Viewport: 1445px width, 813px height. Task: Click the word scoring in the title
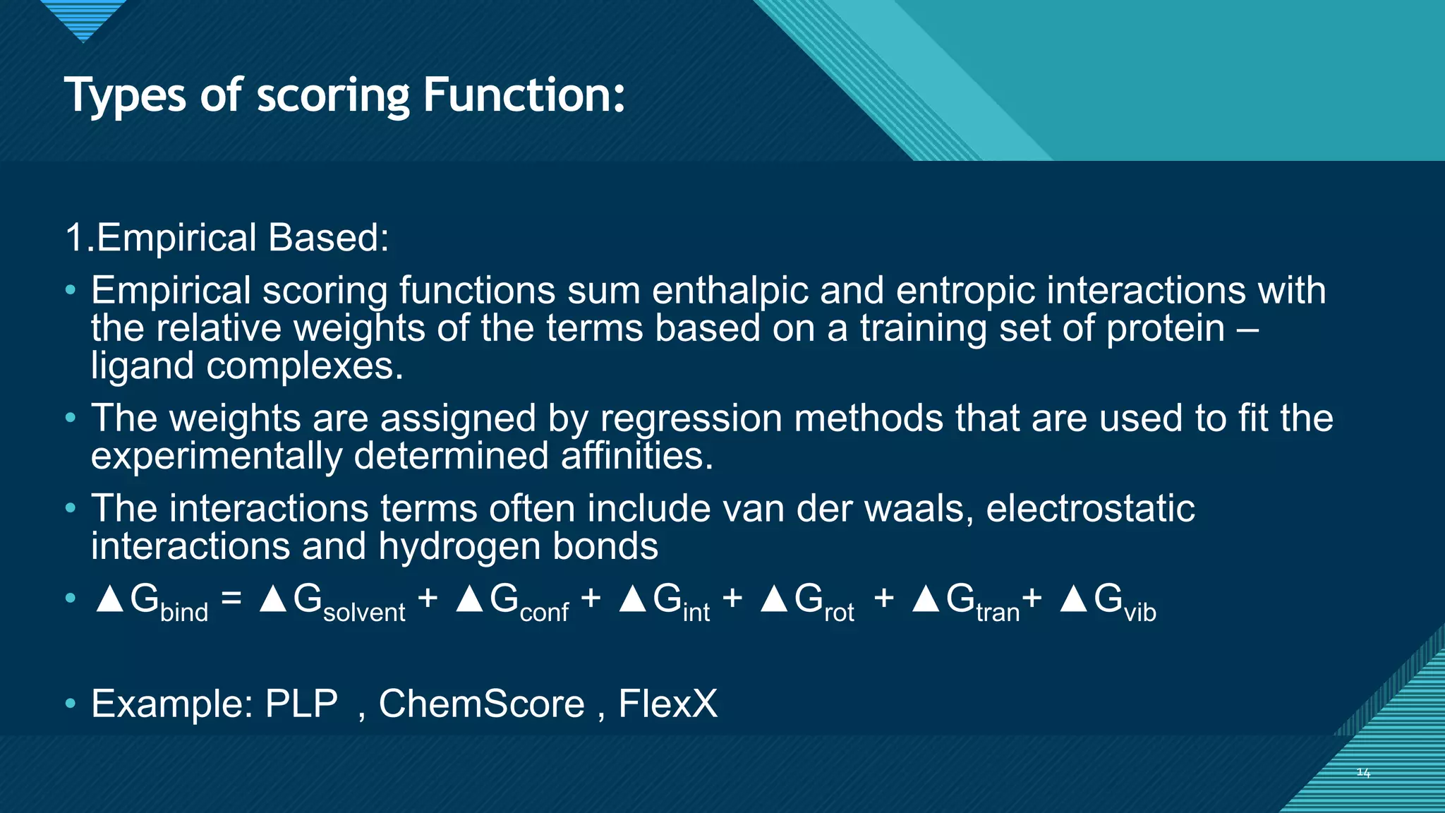point(332,97)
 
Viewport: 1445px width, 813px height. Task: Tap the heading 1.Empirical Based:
point(226,237)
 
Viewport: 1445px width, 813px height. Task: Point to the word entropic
point(965,291)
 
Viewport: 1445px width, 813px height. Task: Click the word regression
point(691,419)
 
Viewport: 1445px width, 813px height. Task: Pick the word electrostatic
point(1090,509)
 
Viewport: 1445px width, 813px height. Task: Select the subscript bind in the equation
point(184,612)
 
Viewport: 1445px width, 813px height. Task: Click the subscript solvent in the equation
point(364,612)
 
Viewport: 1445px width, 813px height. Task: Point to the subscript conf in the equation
point(544,612)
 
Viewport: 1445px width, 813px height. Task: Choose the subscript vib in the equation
point(1140,612)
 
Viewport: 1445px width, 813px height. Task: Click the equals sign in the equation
point(231,598)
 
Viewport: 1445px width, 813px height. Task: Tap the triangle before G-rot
point(774,599)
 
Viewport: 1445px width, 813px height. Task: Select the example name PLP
point(301,704)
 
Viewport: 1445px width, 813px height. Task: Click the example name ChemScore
point(481,704)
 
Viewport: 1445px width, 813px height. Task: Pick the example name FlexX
point(667,704)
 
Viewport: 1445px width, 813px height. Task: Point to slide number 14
point(1363,773)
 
